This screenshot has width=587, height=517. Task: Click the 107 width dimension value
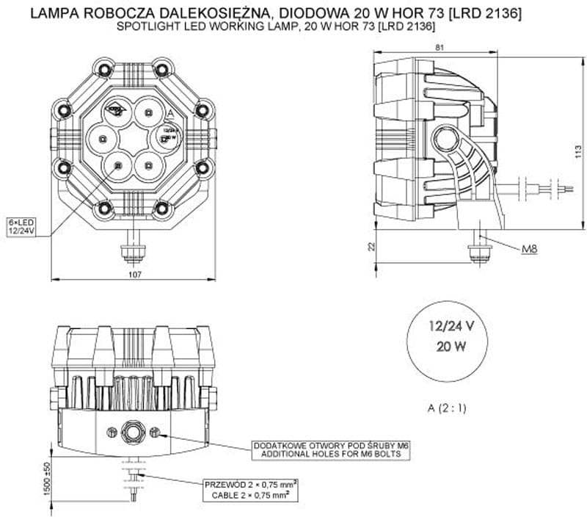134,275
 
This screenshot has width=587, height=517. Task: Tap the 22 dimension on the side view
371,247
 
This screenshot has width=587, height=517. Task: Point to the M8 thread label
530,250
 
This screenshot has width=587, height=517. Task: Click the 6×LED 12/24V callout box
21,225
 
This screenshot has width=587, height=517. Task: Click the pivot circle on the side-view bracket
444,137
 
